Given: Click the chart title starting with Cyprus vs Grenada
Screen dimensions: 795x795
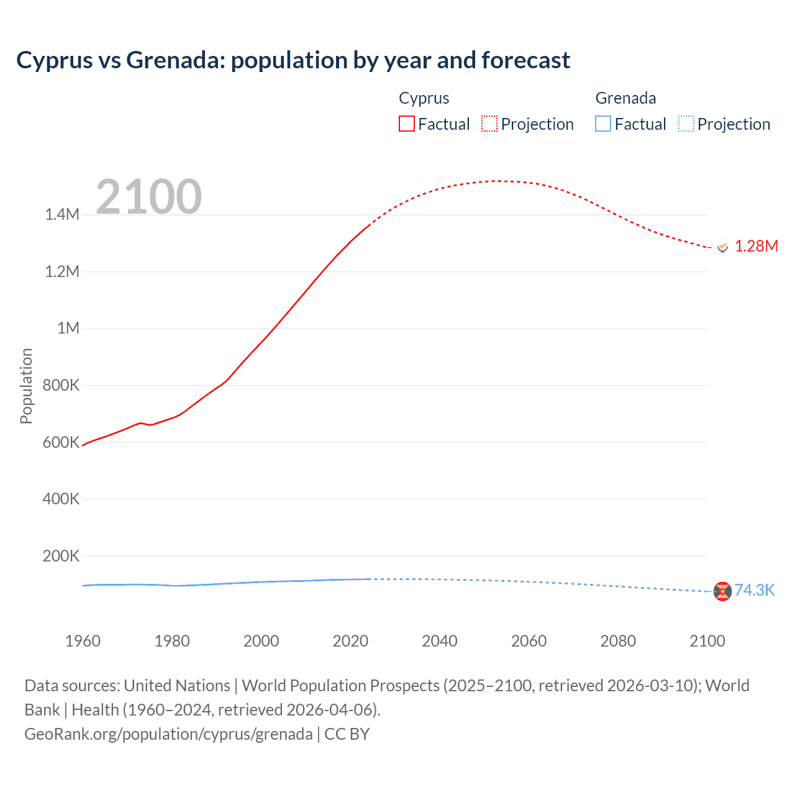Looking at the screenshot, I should [293, 60].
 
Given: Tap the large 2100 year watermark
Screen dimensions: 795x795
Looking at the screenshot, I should [148, 197].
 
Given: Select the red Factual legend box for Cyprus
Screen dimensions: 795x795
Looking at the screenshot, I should [406, 124].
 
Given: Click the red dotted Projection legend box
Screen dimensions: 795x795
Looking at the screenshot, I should [489, 124].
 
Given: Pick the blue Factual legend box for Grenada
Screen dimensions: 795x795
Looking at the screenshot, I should [602, 124].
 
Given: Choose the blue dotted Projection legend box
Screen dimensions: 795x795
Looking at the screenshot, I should [686, 124].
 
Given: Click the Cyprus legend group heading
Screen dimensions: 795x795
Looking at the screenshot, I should [424, 98].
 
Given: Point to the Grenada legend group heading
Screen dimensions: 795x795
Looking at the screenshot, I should [625, 98].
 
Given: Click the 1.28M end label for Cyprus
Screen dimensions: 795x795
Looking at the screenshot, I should [756, 247].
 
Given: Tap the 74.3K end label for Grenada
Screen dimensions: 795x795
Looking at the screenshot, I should [754, 590].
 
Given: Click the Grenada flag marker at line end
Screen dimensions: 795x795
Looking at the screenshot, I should [722, 591].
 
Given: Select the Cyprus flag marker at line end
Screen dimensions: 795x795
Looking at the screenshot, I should [722, 247].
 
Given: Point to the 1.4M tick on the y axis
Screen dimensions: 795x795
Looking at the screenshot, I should [62, 215].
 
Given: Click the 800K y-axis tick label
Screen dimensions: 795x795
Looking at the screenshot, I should [61, 385].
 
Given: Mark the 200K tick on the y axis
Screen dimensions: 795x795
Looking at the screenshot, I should [61, 556].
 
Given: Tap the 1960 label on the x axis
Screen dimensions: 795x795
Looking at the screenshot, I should [83, 641].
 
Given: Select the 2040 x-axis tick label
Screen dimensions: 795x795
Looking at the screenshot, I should [440, 641].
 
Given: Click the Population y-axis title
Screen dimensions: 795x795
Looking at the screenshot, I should [26, 386].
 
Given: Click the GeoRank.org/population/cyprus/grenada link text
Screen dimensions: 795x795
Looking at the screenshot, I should [168, 734].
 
